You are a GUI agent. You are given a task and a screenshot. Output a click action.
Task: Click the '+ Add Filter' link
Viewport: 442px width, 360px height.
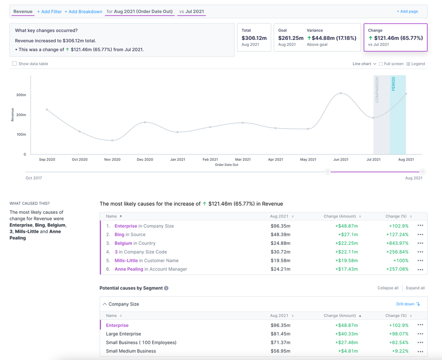coord(50,12)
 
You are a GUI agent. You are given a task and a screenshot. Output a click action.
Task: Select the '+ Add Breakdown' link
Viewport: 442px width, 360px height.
coord(83,12)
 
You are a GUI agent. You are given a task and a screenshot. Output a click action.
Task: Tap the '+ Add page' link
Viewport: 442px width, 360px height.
coord(407,12)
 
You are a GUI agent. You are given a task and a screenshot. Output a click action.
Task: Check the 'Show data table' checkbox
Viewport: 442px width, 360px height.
coord(15,64)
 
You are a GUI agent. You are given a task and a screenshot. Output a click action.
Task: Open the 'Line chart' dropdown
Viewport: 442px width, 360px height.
coord(364,64)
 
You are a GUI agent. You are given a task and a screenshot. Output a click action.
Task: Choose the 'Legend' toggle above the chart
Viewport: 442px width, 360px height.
coord(415,64)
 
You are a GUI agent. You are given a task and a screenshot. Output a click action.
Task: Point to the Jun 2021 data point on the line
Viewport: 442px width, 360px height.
coord(341,93)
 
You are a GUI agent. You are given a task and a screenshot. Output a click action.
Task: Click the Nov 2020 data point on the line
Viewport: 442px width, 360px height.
coord(112,140)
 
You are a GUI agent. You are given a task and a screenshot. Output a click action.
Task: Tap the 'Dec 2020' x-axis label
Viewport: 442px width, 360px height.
coord(145,159)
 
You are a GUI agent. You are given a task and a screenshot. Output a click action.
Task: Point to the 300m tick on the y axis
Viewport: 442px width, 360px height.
coord(21,95)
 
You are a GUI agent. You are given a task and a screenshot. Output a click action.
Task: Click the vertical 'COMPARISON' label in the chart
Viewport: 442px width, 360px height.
coord(377,89)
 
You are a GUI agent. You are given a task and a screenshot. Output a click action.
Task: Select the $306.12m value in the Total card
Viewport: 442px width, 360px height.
coord(254,38)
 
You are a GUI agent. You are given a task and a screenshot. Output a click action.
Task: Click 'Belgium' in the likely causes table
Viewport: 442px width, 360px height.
coord(124,243)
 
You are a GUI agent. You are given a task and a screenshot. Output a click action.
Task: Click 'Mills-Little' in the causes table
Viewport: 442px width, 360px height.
coord(126,260)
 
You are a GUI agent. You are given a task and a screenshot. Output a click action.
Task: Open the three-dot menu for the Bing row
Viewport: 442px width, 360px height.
coord(420,235)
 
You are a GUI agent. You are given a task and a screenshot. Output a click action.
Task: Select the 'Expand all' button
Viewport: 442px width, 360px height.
coord(415,288)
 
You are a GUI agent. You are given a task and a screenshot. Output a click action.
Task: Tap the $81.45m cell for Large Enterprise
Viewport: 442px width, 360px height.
coord(280,334)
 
